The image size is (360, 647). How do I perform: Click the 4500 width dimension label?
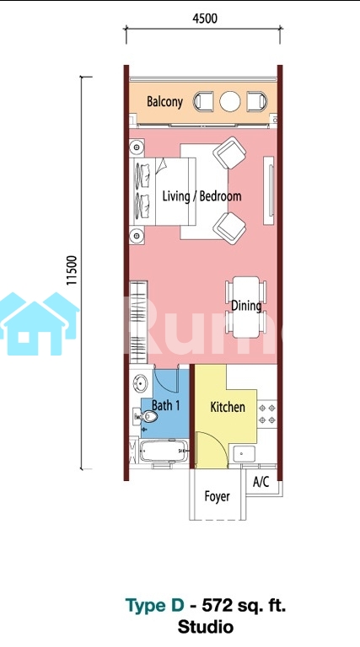click(x=205, y=19)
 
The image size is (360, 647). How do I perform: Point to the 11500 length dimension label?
click(x=72, y=270)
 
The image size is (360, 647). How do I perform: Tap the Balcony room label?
click(x=164, y=101)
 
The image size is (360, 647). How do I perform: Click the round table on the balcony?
click(x=230, y=101)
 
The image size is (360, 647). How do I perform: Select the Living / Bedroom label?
click(x=201, y=196)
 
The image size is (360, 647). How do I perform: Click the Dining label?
click(x=246, y=306)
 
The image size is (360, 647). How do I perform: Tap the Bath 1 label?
click(x=165, y=405)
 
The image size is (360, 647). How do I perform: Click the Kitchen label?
click(x=228, y=407)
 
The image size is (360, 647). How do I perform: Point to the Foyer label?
click(x=218, y=496)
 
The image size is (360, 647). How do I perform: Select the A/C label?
click(x=261, y=482)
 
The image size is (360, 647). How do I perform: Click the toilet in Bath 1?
click(x=145, y=417)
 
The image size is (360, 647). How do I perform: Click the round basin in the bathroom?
click(x=140, y=383)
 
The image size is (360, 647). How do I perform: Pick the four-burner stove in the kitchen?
click(x=267, y=414)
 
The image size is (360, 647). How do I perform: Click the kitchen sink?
click(x=244, y=454)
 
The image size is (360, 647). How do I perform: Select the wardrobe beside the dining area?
click(x=138, y=322)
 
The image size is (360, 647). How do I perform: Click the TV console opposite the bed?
click(x=269, y=190)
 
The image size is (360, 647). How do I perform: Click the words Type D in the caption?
click(x=155, y=606)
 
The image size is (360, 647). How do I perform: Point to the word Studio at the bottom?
click(x=206, y=627)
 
